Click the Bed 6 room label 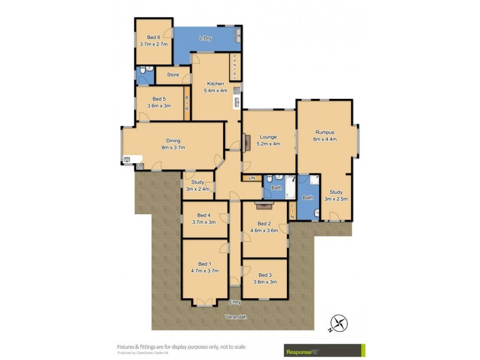point(152,37)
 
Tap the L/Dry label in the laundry point(205,39)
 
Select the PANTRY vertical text point(235,65)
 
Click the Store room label point(173,75)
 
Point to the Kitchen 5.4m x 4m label point(215,87)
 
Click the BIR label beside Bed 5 point(187,103)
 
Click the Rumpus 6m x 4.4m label point(325,135)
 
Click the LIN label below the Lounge point(251,178)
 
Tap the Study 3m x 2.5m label point(336,195)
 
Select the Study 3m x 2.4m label point(198,186)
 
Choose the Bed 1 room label point(204,264)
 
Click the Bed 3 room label point(265,275)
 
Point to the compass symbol point(339,323)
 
